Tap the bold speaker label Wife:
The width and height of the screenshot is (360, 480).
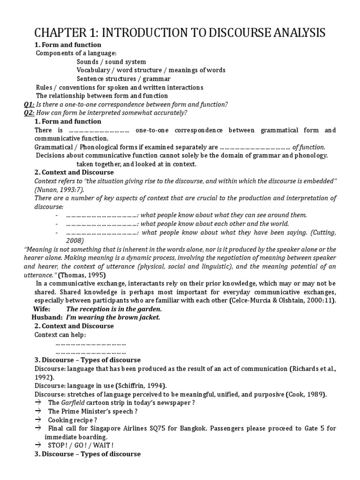(42, 309)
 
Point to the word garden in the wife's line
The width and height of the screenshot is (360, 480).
(149, 309)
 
